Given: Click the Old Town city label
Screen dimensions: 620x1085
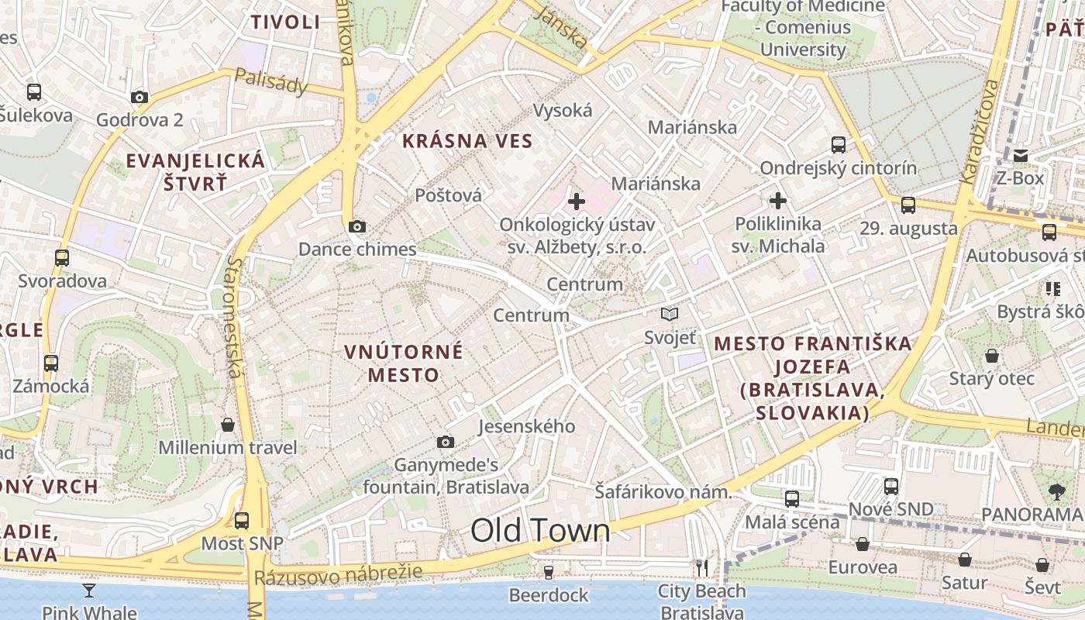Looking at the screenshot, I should tap(540, 531).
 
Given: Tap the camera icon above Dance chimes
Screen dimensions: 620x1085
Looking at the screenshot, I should tap(356, 227).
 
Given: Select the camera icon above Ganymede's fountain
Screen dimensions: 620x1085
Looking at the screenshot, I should tap(446, 442).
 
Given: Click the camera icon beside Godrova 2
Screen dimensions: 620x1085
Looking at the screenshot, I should tap(139, 97).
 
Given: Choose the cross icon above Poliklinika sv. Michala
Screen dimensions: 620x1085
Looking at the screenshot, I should tap(778, 201).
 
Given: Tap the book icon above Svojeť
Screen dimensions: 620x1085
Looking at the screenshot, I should tap(670, 315).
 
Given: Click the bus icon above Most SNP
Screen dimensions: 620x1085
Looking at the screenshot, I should tap(242, 520).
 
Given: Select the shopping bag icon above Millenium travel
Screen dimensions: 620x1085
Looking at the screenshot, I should tap(228, 425).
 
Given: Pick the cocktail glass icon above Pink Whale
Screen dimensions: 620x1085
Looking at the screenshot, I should tap(89, 591).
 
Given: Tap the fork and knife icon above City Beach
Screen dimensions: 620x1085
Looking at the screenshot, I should tap(702, 568).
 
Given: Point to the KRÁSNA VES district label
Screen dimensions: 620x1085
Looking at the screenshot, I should tap(467, 141).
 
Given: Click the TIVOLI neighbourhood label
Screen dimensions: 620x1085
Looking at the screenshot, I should tap(285, 22).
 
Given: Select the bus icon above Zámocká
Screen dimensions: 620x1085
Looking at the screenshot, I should tap(51, 363).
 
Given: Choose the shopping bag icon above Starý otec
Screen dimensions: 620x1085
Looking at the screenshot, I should tap(992, 356).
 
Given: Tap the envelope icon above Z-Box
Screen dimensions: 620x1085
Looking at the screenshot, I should tap(1021, 156).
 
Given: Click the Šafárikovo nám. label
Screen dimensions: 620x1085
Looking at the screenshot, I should tap(663, 491).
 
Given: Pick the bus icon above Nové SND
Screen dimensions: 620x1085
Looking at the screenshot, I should tap(891, 486).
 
